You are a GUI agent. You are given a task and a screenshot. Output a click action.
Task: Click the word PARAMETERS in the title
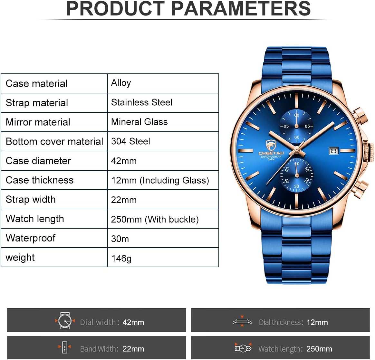[x=241, y=9]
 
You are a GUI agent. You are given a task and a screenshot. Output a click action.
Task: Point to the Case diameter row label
[x=38, y=161]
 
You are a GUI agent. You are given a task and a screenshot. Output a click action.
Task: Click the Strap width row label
[x=31, y=200]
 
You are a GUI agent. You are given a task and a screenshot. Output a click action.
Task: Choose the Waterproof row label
[x=31, y=238]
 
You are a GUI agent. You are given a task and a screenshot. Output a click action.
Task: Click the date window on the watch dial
[x=334, y=151]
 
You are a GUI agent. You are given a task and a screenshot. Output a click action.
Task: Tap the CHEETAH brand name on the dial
[x=271, y=153]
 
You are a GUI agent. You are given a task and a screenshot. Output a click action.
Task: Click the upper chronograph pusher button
[x=361, y=115]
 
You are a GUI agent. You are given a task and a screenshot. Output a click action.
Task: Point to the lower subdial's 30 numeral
[x=297, y=186]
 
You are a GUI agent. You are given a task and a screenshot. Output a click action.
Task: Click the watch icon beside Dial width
[x=65, y=321]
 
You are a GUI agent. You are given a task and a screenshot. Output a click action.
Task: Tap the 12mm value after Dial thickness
[x=317, y=322]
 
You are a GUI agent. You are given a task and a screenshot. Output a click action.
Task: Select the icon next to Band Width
[x=64, y=347]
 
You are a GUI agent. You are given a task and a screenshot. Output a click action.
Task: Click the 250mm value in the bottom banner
[x=319, y=349]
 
